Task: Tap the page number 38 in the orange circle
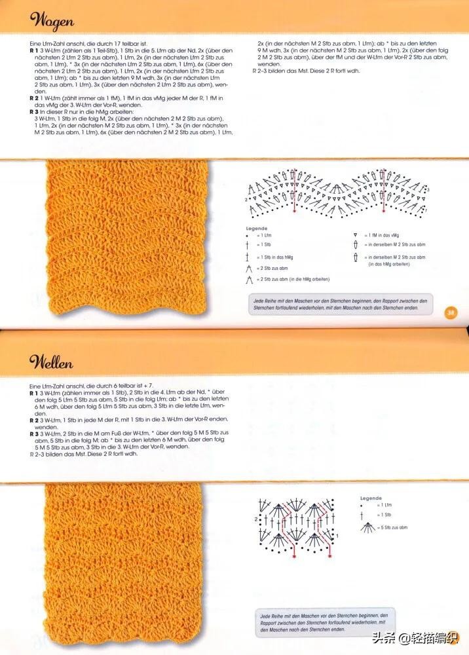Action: pyautogui.click(x=451, y=312)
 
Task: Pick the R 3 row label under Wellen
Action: pyautogui.click(x=34, y=434)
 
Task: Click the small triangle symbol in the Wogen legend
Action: pyautogui.click(x=354, y=234)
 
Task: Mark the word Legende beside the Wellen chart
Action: pyautogui.click(x=371, y=498)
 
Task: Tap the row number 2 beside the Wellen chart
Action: pyautogui.click(x=256, y=519)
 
